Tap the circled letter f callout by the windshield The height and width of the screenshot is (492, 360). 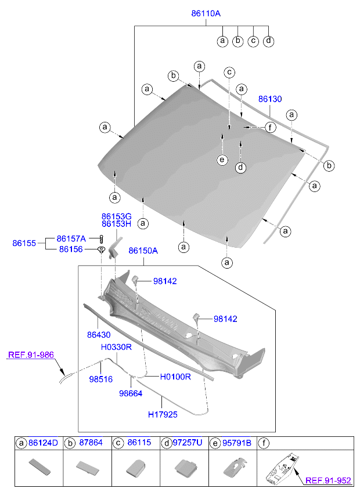click(x=269, y=127)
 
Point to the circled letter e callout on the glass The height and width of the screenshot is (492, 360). click(x=221, y=160)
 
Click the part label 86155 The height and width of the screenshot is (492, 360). click(x=24, y=243)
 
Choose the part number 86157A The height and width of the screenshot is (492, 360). click(x=71, y=238)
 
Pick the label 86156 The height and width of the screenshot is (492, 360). click(x=71, y=249)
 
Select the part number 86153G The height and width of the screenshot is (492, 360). click(x=116, y=216)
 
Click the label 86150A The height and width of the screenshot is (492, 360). click(x=143, y=251)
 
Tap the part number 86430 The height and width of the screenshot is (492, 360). click(x=99, y=335)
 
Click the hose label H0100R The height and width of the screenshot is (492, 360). click(x=175, y=377)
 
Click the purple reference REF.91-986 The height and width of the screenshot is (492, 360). click(x=31, y=354)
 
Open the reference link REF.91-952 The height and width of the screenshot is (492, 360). click(x=328, y=480)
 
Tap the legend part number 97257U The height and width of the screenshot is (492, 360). click(x=187, y=443)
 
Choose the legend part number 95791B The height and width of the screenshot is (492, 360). click(x=236, y=443)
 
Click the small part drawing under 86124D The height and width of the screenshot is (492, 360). click(x=38, y=466)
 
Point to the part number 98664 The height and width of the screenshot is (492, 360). click(x=131, y=393)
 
